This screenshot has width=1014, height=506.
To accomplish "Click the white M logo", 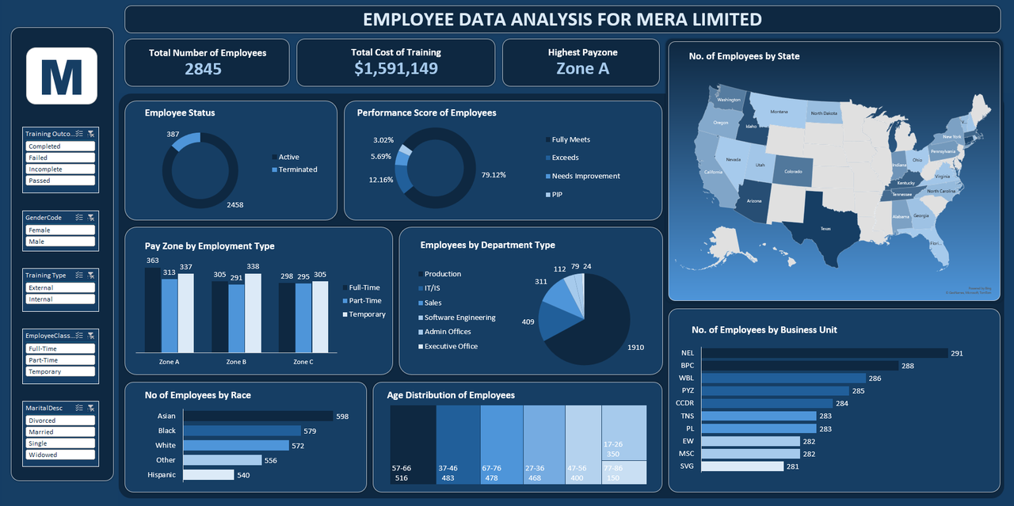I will click(62, 76).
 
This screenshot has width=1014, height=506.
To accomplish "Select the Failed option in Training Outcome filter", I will click(61, 158).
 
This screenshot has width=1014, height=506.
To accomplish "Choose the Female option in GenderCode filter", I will click(61, 230).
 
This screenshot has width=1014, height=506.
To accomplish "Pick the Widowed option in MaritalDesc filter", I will click(61, 455).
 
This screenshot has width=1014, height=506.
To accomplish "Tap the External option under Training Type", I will click(61, 288).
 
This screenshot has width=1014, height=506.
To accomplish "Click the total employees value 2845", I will click(203, 69).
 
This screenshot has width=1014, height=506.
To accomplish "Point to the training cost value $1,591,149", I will click(395, 69).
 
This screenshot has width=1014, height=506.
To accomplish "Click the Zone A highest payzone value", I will click(582, 69).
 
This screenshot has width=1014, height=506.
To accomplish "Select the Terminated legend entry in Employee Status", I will click(297, 169).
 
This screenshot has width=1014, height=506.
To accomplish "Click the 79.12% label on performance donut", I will click(494, 175).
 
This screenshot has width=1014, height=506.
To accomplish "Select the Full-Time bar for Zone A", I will click(152, 310).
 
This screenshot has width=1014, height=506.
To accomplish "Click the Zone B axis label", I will click(236, 362).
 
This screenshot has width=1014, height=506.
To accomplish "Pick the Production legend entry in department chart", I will click(442, 274).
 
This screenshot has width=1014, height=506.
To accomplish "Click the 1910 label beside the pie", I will click(635, 348).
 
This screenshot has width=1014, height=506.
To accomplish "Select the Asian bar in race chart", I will click(257, 416).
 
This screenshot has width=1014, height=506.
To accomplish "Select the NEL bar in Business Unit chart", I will click(825, 353).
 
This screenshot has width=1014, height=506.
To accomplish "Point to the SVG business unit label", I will click(688, 466).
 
